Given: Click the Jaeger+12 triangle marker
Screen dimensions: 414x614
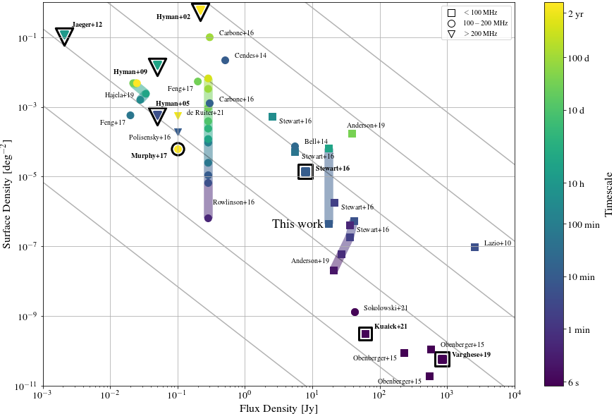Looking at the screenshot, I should tap(65, 35).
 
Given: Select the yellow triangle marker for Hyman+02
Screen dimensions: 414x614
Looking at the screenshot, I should tap(200, 11).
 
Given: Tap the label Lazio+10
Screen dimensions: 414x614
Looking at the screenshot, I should tap(498, 243).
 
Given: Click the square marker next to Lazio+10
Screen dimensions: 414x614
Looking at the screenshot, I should tap(474, 247).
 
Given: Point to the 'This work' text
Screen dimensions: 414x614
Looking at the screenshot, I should tap(297, 224).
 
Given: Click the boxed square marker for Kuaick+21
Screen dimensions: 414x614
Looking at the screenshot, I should tap(365, 334).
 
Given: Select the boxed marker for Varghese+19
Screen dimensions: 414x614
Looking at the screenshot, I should tap(442, 360).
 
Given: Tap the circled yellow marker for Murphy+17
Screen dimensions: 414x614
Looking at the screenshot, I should tap(178, 149).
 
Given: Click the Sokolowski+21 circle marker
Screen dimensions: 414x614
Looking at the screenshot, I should tap(355, 312).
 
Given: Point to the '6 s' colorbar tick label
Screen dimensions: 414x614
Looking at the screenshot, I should tap(575, 383).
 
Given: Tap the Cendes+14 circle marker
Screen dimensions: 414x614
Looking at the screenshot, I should tap(225, 60).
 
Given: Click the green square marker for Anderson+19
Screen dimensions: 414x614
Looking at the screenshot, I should tap(352, 133).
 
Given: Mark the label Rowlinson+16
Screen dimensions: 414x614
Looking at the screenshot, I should tap(233, 202).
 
